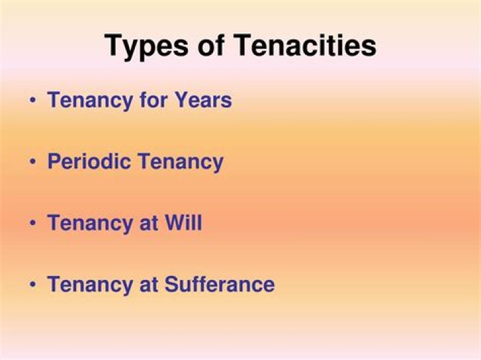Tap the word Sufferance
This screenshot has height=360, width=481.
pos(219,284)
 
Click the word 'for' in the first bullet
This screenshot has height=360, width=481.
pos(156,100)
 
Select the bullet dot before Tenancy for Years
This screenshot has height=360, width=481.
pos(33,101)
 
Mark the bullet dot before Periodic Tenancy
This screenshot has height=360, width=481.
pos(33,162)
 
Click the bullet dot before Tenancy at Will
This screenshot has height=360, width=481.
pos(33,223)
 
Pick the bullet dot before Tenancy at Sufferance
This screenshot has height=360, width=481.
pos(33,285)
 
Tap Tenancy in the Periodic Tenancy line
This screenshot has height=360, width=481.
pos(179,162)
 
